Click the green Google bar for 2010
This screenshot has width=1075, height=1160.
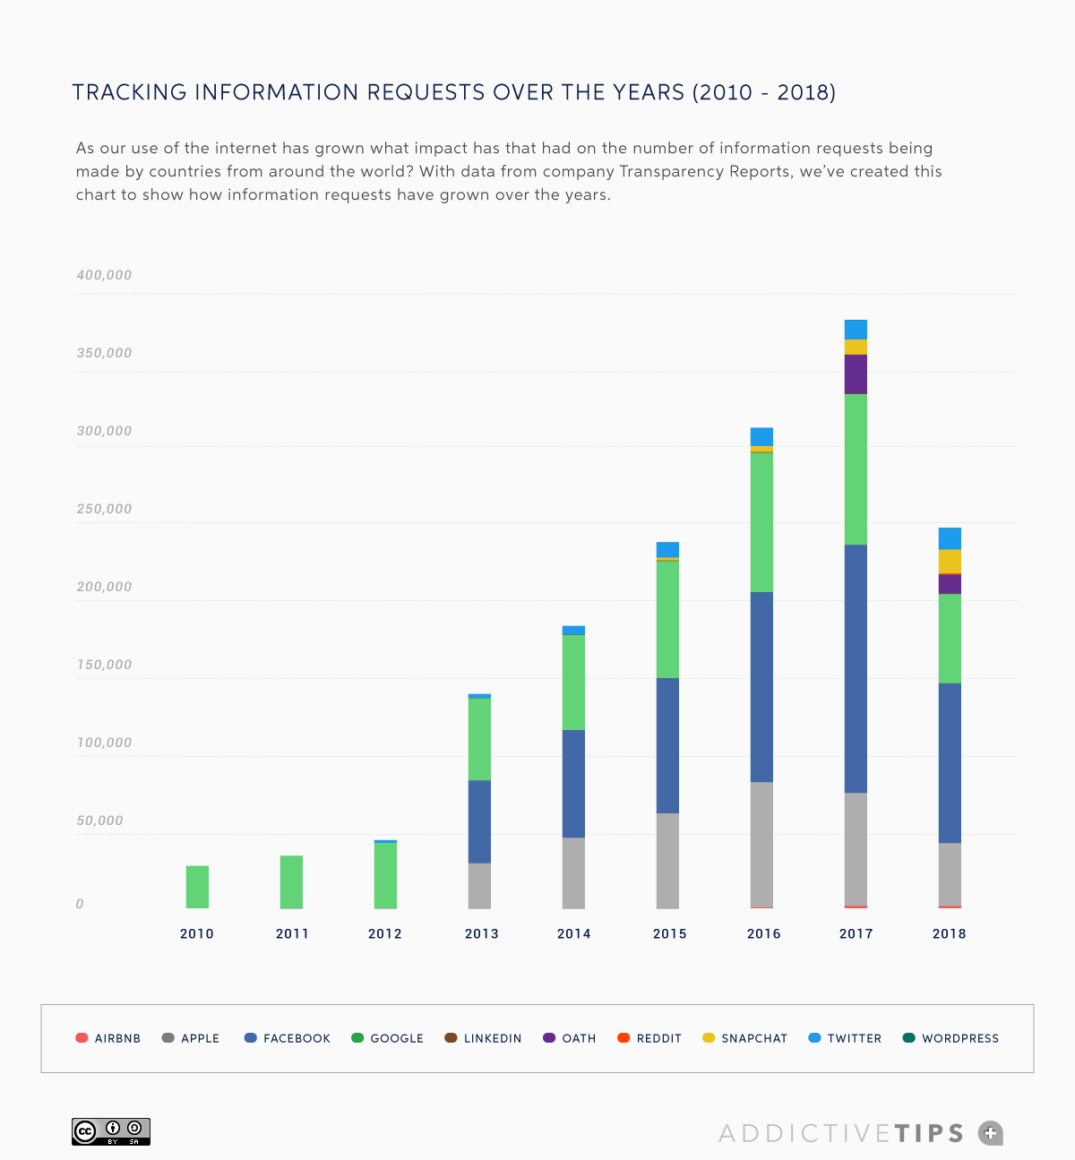(197, 887)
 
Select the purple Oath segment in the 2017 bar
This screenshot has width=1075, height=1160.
(856, 374)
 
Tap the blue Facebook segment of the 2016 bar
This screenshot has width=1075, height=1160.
(761, 687)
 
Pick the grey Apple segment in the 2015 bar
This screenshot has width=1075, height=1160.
(667, 861)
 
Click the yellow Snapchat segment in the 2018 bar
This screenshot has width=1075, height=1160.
(950, 561)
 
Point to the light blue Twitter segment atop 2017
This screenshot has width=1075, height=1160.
(856, 329)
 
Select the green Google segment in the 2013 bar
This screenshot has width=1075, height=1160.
(479, 739)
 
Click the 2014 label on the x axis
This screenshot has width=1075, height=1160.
(573, 933)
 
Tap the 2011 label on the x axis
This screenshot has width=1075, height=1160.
(292, 933)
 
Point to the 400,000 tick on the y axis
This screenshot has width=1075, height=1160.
(104, 275)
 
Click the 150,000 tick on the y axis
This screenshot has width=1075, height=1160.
(104, 665)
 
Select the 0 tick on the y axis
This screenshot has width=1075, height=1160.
(80, 904)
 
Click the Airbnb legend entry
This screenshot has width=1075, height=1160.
(108, 1038)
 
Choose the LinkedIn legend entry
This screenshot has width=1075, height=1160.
(483, 1038)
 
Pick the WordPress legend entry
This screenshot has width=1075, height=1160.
(950, 1038)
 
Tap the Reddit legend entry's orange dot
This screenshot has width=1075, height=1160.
(623, 1038)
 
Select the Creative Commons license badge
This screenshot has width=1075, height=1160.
(111, 1131)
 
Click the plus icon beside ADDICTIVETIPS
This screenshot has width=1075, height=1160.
(990, 1133)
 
